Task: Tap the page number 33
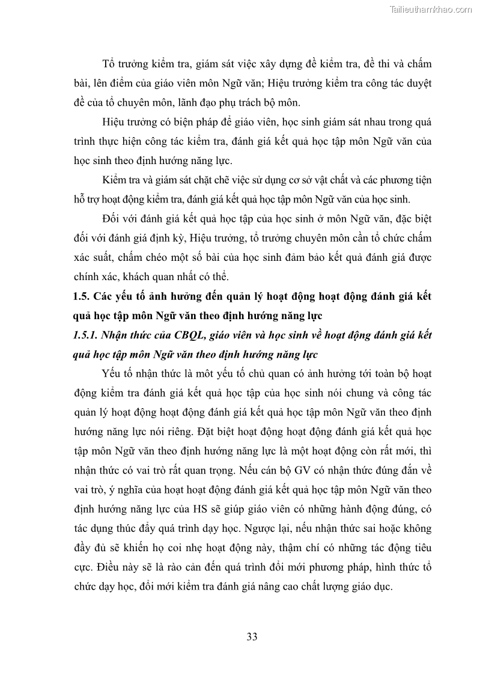(252, 637)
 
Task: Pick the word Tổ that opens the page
(110, 64)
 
